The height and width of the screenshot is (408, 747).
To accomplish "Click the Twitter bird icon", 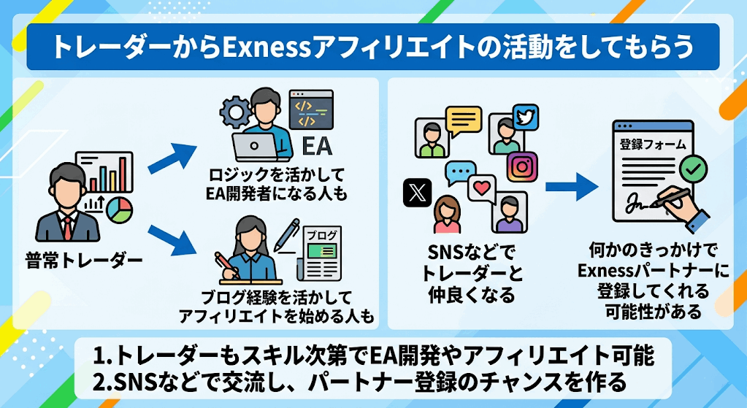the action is click(526, 117).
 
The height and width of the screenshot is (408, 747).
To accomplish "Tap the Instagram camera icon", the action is click(522, 166).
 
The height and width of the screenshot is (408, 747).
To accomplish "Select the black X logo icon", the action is click(418, 193).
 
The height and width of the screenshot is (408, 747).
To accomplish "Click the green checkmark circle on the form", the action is click(693, 168).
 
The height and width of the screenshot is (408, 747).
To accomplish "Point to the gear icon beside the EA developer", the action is click(235, 112).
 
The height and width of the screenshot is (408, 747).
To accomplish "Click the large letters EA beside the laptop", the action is click(317, 146).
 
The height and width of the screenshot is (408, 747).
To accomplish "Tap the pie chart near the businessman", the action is click(118, 210).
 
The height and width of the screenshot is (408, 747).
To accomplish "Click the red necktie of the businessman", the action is click(68, 228).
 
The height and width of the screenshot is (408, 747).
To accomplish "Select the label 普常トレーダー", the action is click(84, 261).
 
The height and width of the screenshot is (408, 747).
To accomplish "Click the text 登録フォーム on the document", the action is click(653, 144).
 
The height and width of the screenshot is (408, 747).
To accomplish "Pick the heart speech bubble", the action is click(482, 189).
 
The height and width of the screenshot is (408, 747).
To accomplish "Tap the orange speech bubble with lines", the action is click(464, 120).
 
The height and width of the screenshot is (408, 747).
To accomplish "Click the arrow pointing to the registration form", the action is click(572, 186).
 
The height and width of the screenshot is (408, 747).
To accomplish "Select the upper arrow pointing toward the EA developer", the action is click(172, 158).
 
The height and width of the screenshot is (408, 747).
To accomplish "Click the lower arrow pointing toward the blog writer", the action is click(172, 240).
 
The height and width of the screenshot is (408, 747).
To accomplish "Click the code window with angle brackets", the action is click(311, 109).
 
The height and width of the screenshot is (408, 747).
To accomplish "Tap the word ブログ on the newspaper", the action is click(321, 235).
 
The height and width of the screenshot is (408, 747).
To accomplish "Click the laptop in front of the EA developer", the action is click(256, 147).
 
